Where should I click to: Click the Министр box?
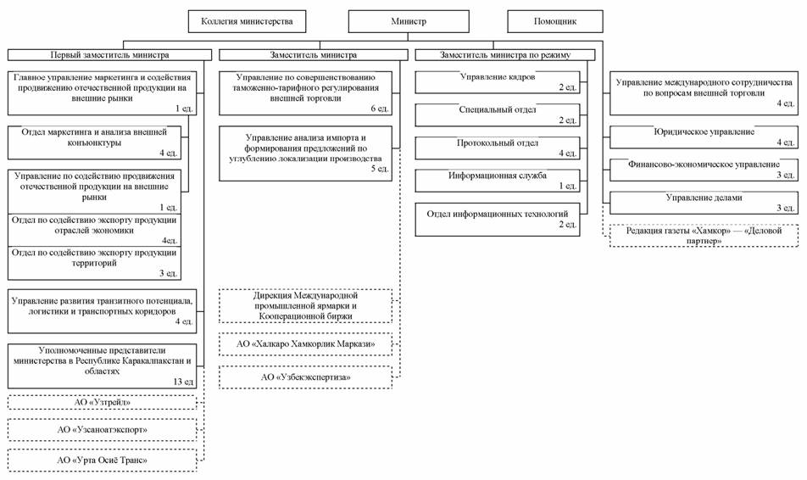click(409, 22)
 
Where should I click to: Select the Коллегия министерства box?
click(247, 22)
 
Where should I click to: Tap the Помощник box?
click(555, 22)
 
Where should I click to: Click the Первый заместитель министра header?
click(109, 54)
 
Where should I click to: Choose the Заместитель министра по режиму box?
click(505, 54)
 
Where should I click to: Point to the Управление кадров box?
click(497, 82)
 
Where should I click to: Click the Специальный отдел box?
click(497, 114)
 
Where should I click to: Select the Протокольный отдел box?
click(497, 148)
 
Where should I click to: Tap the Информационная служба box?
click(497, 181)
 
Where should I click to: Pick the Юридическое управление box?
click(704, 137)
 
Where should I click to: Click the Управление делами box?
click(704, 203)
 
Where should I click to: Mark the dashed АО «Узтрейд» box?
click(102, 402)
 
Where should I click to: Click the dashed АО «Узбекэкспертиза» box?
click(306, 377)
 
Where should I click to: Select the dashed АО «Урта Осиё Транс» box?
click(102, 460)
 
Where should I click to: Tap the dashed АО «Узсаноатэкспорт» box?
click(102, 429)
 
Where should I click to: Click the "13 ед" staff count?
click(183, 382)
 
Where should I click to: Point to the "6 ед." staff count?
click(380, 109)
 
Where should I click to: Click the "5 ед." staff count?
click(380, 169)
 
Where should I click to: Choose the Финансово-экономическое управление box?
click(704, 170)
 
